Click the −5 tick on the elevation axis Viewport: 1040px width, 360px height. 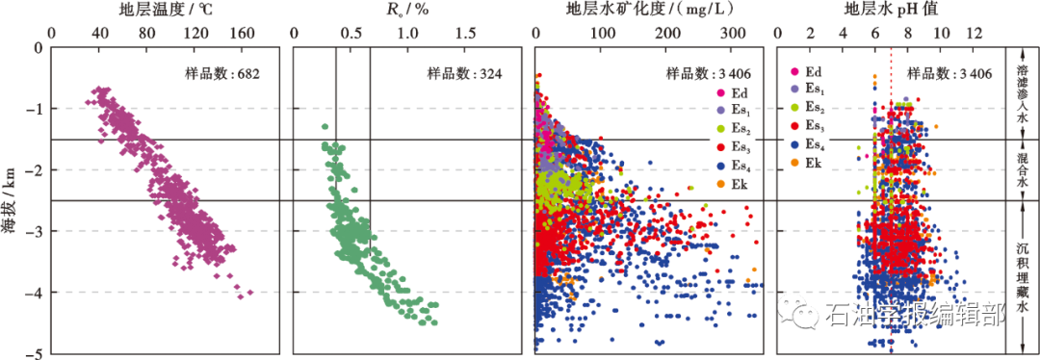(x=36, y=354)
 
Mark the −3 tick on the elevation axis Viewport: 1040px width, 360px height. (x=36, y=231)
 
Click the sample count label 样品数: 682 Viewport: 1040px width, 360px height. (x=222, y=72)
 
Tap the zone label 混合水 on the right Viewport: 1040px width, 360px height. (x=1022, y=169)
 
